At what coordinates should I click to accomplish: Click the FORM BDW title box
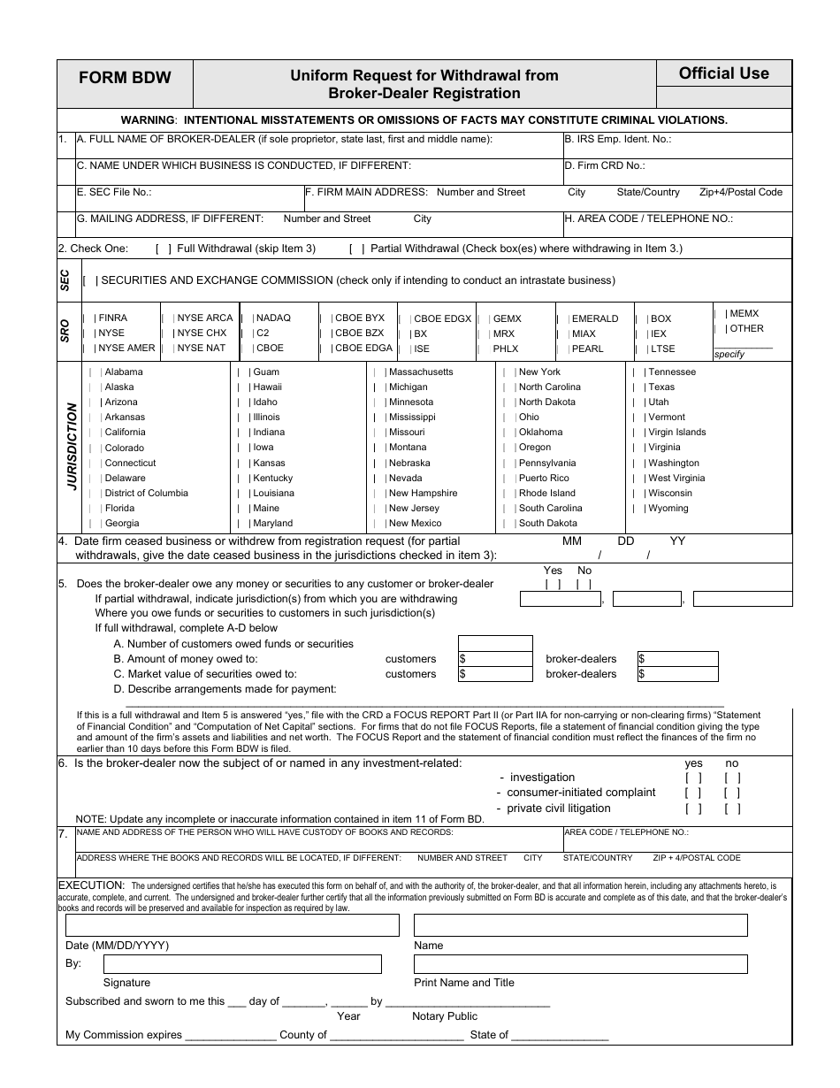click(125, 77)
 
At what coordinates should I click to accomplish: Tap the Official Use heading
click(723, 73)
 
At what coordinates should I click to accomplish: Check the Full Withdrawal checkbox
click(164, 249)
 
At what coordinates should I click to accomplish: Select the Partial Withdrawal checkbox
click(357, 249)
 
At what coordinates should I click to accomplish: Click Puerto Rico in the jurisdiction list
click(544, 478)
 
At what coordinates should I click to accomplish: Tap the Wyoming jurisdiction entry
click(668, 509)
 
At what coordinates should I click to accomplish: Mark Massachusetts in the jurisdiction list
click(420, 372)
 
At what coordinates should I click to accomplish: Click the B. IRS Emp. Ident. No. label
click(617, 139)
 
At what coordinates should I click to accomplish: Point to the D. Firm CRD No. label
click(605, 165)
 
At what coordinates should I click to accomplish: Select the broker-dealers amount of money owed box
click(677, 659)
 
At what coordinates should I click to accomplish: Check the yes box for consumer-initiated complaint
click(693, 793)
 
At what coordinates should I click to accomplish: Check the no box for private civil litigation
click(732, 808)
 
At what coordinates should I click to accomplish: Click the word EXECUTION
click(91, 885)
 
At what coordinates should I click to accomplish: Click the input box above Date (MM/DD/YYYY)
click(232, 925)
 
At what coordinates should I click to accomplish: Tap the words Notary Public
click(444, 1016)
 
